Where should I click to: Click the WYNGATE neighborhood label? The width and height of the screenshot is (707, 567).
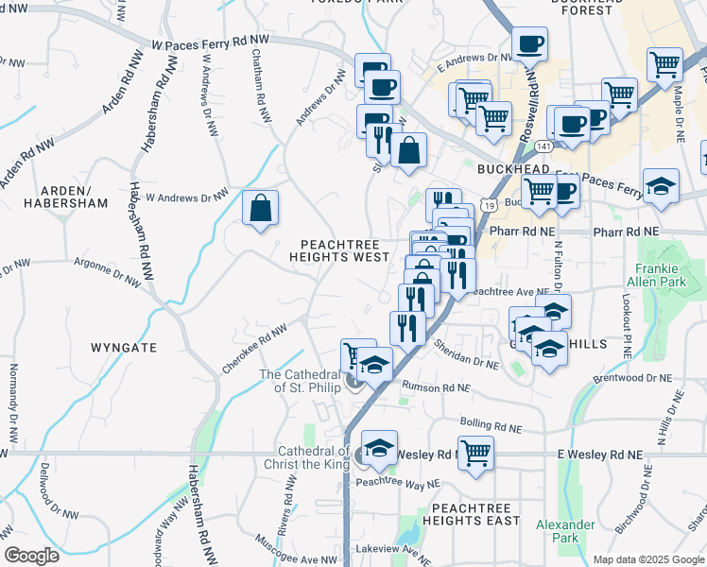[x=124, y=348]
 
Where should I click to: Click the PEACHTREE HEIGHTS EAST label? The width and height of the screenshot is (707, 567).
[x=475, y=514]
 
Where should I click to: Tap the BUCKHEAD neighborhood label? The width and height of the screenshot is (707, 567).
[x=513, y=168]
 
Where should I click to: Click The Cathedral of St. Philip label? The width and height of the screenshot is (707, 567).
[x=297, y=381]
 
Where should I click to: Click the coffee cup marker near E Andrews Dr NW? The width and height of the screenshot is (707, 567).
[x=529, y=43]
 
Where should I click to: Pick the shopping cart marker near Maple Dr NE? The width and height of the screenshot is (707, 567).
[x=664, y=64]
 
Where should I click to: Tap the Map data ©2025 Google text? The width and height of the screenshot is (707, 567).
[x=647, y=559]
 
